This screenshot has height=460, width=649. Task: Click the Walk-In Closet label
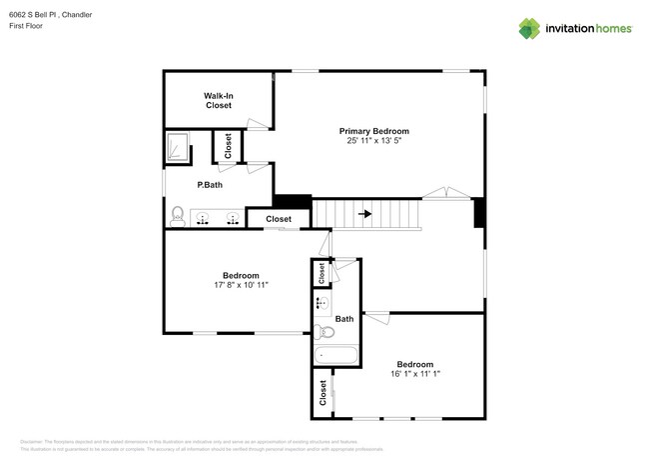(219, 100)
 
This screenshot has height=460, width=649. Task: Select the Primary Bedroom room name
(373, 131)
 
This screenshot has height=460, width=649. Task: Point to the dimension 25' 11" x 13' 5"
(373, 141)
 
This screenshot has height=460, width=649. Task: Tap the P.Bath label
(209, 185)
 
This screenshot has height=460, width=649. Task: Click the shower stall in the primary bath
(177, 147)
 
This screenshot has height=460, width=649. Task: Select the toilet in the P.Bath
(177, 215)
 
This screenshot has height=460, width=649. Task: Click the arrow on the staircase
(365, 213)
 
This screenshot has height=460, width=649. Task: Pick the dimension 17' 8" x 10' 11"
(241, 285)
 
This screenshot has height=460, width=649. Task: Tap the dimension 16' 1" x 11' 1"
(414, 374)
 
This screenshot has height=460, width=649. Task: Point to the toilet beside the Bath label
(323, 332)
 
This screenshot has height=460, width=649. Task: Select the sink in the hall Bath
(322, 301)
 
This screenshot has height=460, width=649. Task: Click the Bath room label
(344, 319)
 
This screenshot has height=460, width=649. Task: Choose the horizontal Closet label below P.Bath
(278, 219)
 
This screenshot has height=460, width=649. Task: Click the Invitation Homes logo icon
(529, 28)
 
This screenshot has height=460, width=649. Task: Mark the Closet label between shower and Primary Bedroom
(228, 147)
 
